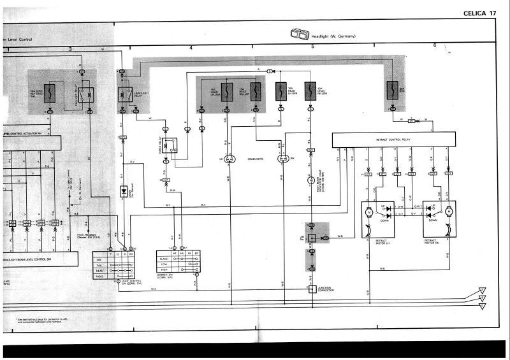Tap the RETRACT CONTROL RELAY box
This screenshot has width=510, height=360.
(393, 139)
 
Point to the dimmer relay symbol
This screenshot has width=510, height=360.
(170, 146)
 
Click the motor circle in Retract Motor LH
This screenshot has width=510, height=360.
(368, 211)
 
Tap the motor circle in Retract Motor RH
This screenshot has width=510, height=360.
(449, 211)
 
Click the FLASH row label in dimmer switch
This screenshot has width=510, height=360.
(164, 259)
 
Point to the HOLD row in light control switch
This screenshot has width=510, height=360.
(99, 276)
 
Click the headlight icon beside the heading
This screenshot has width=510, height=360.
(298, 34)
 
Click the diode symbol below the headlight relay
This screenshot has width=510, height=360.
(124, 191)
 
